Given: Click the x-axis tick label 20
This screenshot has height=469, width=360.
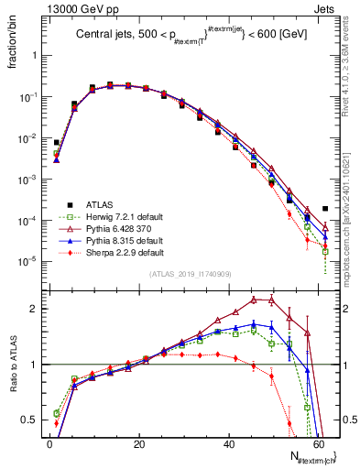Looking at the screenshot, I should pos(138,443).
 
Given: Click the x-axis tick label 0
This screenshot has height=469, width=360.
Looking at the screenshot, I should pos(49,443).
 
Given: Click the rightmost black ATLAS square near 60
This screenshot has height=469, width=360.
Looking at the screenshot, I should pos(325,209).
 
